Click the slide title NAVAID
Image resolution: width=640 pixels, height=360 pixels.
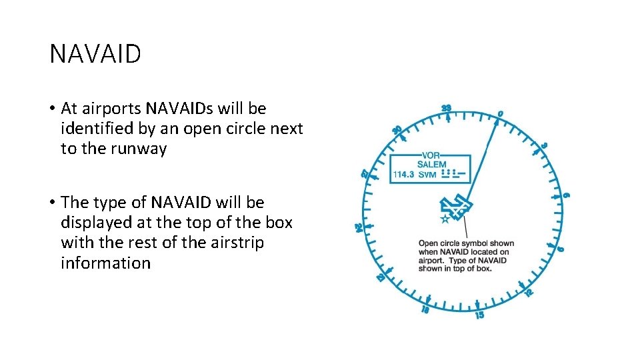pyautogui.click(x=95, y=54)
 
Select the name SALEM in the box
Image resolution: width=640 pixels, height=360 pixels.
pyautogui.click(x=431, y=164)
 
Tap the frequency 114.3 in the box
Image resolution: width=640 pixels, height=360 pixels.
pyautogui.click(x=404, y=175)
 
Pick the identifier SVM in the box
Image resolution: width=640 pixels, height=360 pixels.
pyautogui.click(x=427, y=175)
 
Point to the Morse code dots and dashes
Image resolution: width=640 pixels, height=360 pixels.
pyautogui.click(x=453, y=174)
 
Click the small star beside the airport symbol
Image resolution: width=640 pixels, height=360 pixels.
pyautogui.click(x=445, y=219)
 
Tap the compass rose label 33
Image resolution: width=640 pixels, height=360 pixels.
pyautogui.click(x=446, y=109)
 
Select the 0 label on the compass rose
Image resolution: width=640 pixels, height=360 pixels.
pyautogui.click(x=500, y=113)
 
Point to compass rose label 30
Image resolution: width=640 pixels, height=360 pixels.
pyautogui.click(x=397, y=130)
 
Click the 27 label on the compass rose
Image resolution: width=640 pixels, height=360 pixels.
pyautogui.click(x=365, y=173)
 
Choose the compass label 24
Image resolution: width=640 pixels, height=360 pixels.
pyautogui.click(x=359, y=228)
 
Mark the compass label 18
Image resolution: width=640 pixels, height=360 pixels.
pyautogui.click(x=425, y=310)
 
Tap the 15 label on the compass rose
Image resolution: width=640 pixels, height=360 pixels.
pyautogui.click(x=479, y=314)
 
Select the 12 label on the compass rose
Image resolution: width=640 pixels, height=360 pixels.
pyautogui.click(x=529, y=292)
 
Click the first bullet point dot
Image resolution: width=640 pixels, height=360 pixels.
pyautogui.click(x=51, y=109)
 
